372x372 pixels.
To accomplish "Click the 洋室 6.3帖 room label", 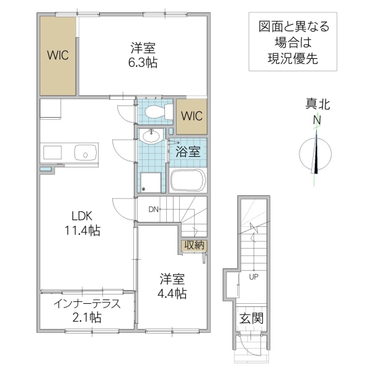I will pos(143,54).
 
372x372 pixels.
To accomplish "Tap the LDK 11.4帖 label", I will pos(82,223).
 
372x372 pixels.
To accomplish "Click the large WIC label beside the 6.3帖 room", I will pos(58,55).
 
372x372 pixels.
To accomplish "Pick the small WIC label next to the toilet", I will pos(192,116).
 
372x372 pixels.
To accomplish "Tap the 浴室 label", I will pos(188,151).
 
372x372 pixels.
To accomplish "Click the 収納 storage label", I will pos(193,245).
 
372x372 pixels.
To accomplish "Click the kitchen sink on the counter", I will pos(84,152).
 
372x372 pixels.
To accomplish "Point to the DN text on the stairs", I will pos(154,209).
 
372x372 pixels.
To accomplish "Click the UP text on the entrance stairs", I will pos(254,277).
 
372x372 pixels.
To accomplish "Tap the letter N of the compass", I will pos(317,120).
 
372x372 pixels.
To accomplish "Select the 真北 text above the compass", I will pos(317,104).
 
